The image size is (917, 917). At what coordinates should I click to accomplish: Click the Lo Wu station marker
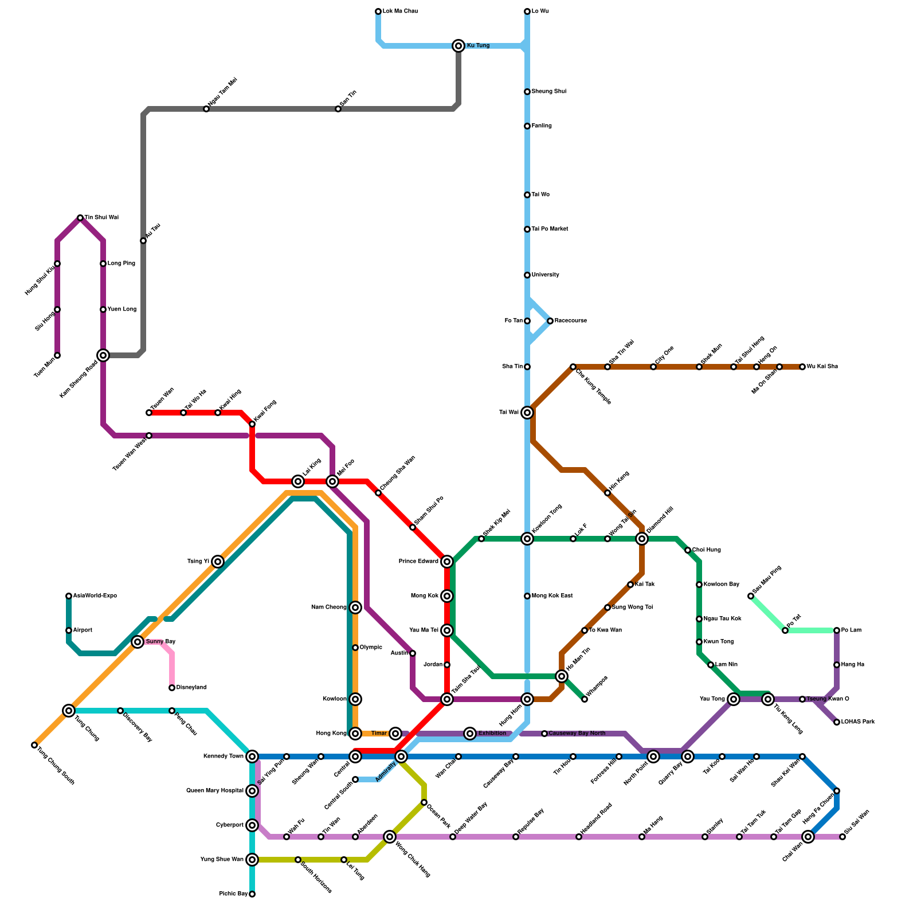point(527,11)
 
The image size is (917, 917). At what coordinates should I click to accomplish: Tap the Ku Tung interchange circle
point(458,46)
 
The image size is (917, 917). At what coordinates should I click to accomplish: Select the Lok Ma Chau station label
point(400,11)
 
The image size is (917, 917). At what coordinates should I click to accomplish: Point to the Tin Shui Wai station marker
point(80,218)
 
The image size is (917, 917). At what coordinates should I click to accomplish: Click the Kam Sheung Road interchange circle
point(103,355)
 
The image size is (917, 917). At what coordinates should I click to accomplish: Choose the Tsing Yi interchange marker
point(218,562)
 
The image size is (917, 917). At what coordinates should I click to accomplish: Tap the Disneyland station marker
point(172,688)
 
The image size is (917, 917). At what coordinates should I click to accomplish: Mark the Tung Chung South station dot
point(34,745)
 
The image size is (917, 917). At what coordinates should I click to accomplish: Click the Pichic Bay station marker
point(252,894)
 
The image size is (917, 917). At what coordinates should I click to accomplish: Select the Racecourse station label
point(570,321)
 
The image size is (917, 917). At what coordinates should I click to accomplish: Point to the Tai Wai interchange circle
point(527,413)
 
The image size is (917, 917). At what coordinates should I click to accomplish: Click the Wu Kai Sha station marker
point(802,367)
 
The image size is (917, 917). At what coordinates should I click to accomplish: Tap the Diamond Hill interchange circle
point(642,539)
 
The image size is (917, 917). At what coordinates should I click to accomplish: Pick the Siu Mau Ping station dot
point(751,597)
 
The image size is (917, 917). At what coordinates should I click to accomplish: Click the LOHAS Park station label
point(858,722)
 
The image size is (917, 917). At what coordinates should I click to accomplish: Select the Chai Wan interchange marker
point(808,837)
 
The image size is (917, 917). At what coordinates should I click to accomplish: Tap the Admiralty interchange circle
point(401,757)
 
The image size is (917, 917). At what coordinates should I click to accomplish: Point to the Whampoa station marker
point(585,699)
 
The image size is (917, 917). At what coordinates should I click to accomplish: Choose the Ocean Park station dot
point(424,802)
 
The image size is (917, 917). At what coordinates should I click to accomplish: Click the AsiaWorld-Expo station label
point(95,596)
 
